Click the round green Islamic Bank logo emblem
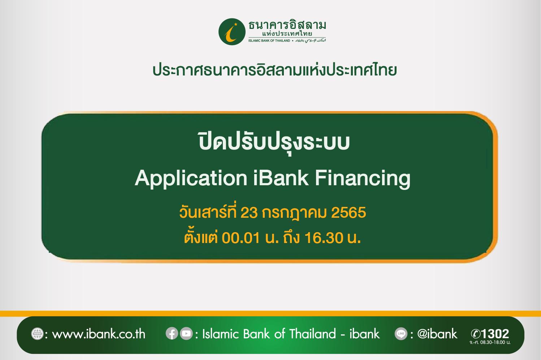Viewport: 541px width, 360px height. pos(232,32)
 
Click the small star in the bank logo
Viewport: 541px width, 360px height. pos(236,24)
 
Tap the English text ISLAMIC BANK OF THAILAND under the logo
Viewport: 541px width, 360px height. pos(269,40)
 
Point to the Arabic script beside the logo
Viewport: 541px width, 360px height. pos(310,40)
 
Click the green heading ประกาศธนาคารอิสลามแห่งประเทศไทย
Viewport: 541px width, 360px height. pos(274,70)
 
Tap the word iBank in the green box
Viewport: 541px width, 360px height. pos(281,178)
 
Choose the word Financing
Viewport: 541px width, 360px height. pos(363,179)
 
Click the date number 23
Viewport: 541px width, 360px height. pos(249,213)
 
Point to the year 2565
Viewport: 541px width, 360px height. pos(349,213)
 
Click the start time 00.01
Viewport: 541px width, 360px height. pos(241,238)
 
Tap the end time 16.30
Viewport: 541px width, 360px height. pos(324,238)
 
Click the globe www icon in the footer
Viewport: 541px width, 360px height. pos(38,334)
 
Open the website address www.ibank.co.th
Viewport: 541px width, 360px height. pos(99,334)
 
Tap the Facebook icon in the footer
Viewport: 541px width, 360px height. pos(172,333)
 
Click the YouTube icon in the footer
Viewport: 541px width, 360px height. pos(186,333)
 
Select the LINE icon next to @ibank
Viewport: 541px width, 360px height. pos(401,334)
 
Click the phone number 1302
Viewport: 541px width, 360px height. pos(495,334)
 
